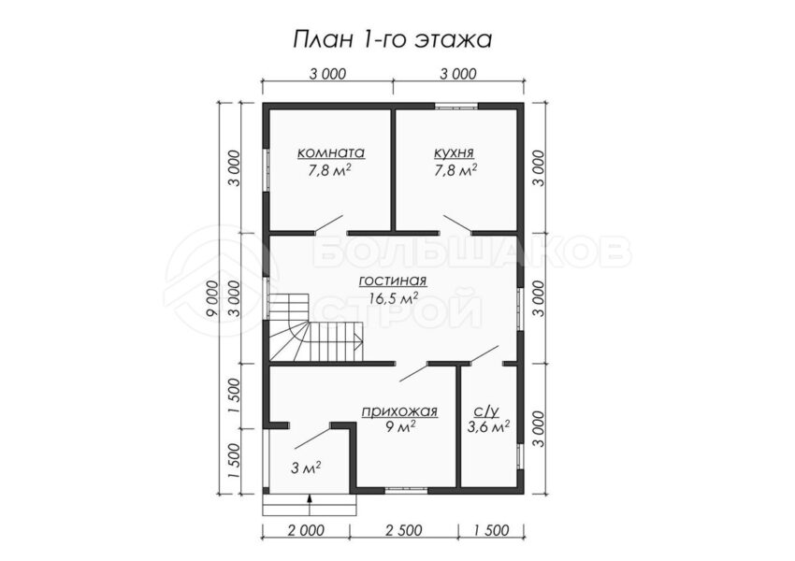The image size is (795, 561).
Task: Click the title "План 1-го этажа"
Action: [393, 39]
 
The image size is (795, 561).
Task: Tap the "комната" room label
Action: [330, 152]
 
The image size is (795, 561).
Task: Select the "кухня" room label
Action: [454, 152]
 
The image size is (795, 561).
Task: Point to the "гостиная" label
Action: [393, 280]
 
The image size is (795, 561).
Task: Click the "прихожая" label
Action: [399, 411]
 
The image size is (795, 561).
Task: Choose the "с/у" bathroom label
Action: [487, 411]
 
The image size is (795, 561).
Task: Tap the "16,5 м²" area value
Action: [394, 298]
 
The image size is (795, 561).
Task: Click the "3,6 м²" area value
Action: [488, 427]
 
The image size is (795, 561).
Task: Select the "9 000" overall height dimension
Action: [213, 298]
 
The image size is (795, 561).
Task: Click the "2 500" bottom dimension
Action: [404, 530]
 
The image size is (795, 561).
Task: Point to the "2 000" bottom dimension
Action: [306, 530]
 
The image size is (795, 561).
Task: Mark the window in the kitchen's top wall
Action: [456, 107]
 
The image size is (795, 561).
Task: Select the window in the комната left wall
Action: [266, 170]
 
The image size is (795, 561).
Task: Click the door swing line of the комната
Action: [329, 224]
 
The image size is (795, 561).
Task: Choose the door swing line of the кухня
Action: [458, 224]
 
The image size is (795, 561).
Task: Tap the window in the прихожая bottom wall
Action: [406, 490]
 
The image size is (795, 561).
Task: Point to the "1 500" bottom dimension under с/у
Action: [491, 530]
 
